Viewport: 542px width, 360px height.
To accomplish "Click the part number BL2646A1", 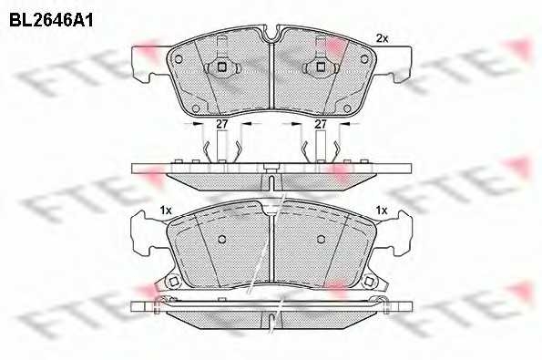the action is point(51,21).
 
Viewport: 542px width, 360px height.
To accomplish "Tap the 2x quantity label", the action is point(382,38).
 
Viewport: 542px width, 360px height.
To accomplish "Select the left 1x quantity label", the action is point(166,211).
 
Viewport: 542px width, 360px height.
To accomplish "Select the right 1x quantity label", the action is point(382,211).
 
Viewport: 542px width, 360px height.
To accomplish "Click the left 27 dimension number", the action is point(221,124).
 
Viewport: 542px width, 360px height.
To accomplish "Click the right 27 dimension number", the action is point(321,124).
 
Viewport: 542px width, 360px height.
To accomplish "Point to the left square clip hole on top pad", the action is point(221,67).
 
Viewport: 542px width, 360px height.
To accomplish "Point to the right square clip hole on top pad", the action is point(321,67).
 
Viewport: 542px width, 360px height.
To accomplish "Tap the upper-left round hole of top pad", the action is point(179,59).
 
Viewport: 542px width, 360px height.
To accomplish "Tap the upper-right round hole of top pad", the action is point(364,59).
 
